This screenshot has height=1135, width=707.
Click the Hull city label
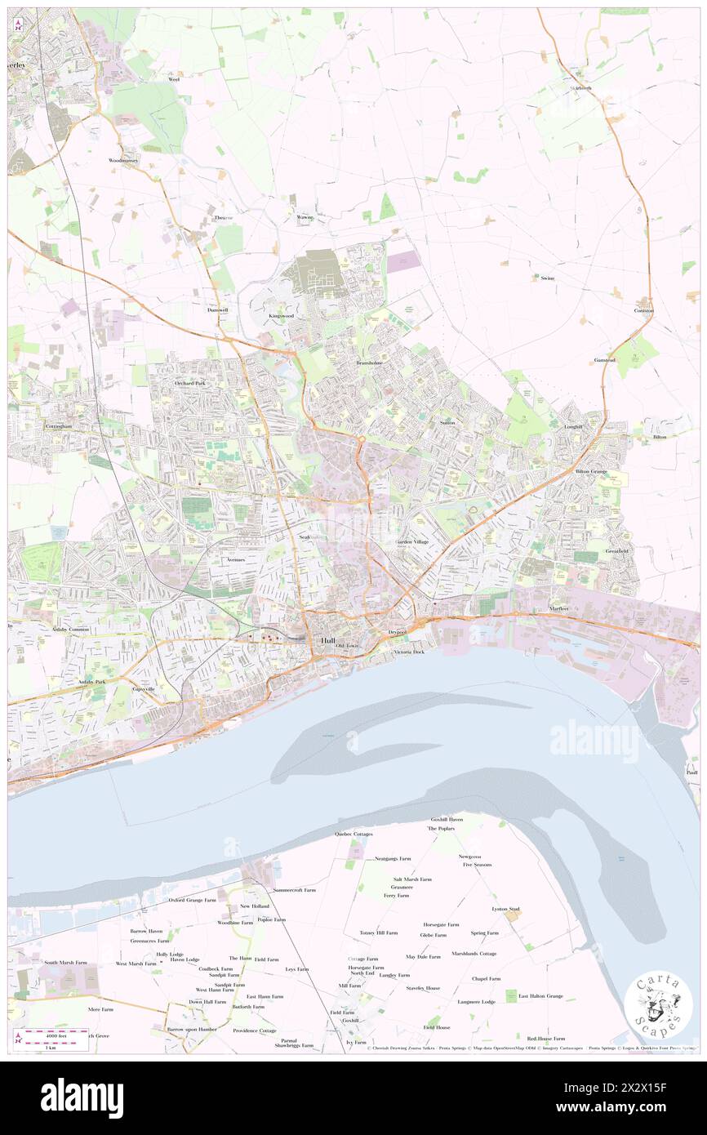[328, 640]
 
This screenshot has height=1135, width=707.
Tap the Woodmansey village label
[124, 160]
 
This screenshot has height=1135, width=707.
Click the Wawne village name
[304, 217]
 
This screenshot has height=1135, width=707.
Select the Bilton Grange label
[593, 472]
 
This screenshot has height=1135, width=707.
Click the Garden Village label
[412, 542]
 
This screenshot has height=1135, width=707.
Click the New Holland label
[254, 906]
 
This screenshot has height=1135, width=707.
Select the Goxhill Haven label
[447, 819]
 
